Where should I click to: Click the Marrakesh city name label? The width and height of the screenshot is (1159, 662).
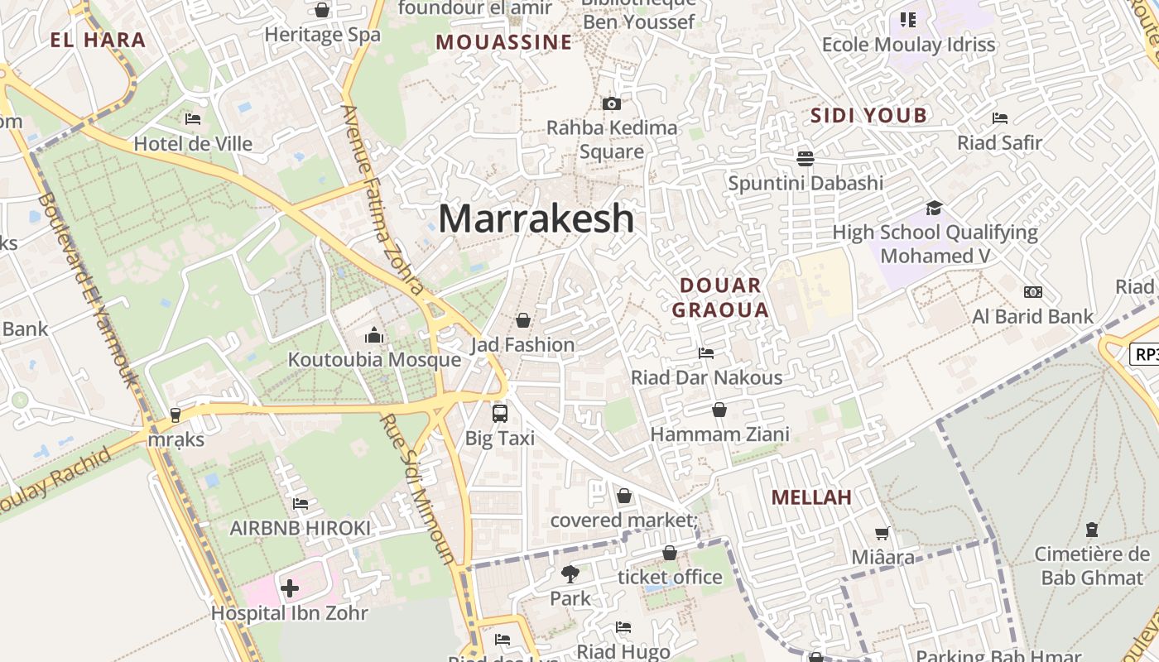pos(536,218)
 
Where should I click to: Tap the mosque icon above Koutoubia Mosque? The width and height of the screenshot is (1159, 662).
pos(374,335)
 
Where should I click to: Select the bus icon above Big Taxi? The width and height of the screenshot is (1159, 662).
pos(500,413)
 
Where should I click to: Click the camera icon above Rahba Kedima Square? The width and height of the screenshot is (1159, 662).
pos(612,103)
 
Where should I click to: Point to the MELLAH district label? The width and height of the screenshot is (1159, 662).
pos(811,497)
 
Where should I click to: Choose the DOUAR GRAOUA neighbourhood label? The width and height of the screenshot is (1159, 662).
pos(719,298)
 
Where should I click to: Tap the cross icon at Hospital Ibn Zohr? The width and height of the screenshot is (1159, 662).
pos(290,588)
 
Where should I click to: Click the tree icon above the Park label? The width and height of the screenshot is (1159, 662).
pos(570,573)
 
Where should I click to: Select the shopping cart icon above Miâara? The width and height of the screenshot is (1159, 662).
pos(882,534)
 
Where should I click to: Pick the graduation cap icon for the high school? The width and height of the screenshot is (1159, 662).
pos(934,208)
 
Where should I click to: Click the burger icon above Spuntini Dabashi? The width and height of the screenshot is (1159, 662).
pos(806,157)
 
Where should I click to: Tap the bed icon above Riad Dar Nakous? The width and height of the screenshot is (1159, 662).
pos(706,353)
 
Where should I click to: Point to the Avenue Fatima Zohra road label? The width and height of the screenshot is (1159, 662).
pos(382,199)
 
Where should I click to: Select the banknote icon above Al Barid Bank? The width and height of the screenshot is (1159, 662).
pos(1032,292)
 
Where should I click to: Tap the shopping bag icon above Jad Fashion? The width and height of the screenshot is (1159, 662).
pos(523,319)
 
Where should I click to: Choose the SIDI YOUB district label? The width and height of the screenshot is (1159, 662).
pos(868,116)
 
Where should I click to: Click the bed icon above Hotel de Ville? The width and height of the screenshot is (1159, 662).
pos(193,119)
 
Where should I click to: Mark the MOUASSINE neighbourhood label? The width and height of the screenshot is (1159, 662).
pos(503,42)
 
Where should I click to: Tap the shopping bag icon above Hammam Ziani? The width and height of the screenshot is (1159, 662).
pos(719,410)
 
